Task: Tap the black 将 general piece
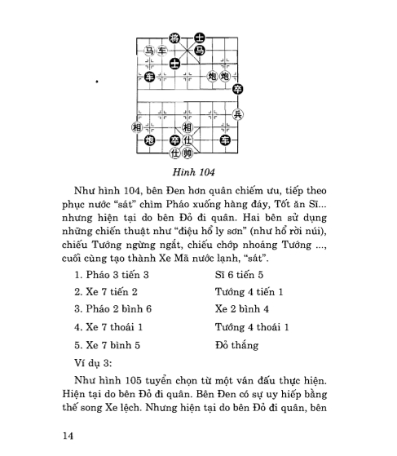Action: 174,38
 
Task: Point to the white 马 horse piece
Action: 149,51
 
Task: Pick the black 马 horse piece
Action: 199,51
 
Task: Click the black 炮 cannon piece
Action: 149,140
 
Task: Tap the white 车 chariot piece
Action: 161,51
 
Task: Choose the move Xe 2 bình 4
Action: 242,309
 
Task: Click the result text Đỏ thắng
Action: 236,344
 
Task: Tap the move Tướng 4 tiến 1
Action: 249,292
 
